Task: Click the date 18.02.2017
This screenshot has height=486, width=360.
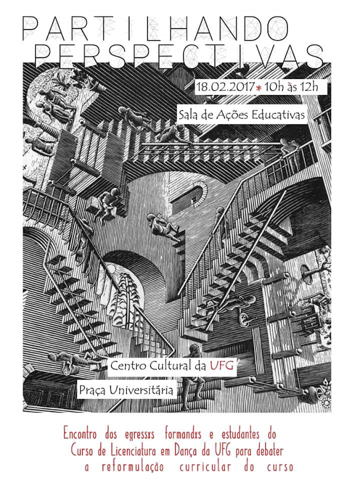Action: pyautogui.click(x=226, y=86)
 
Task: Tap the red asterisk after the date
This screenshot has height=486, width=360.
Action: pyautogui.click(x=259, y=88)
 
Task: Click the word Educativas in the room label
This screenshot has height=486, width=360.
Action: pyautogui.click(x=278, y=115)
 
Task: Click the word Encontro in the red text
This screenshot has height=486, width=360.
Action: pyautogui.click(x=80, y=434)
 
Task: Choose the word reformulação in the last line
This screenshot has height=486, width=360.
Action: pyautogui.click(x=133, y=466)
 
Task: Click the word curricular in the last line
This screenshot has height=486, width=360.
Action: pyautogui.click(x=205, y=466)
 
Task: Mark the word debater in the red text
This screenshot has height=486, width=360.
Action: pyautogui.click(x=269, y=451)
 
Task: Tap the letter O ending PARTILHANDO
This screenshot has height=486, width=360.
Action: pyautogui.click(x=276, y=28)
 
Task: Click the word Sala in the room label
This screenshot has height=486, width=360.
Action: pyautogui.click(x=187, y=115)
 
